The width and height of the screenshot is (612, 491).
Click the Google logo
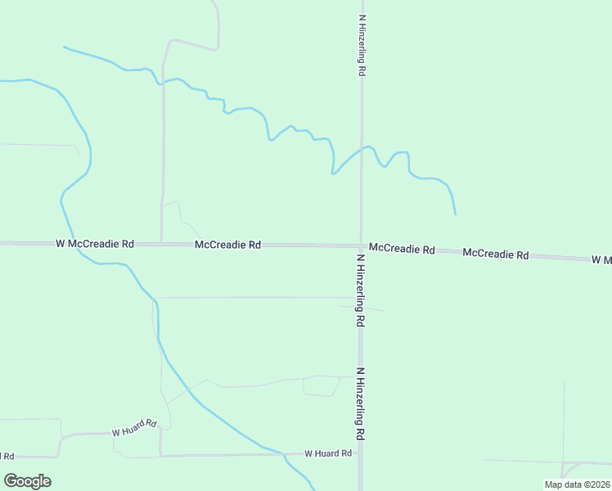coord(27,481)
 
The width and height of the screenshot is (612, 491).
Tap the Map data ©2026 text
coord(578,484)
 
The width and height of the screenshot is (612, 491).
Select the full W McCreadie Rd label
coord(95,244)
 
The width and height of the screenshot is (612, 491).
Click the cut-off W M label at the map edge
coord(601,259)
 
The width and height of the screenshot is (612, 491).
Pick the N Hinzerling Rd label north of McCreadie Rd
coord(361,45)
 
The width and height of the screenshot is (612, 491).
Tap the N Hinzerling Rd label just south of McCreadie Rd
coord(359,291)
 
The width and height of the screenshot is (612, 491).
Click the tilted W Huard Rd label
coord(134,427)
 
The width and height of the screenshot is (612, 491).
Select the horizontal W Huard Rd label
coord(327,453)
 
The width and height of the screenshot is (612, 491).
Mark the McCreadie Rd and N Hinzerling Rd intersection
coord(360,245)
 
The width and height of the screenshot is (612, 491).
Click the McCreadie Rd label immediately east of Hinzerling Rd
coord(402,248)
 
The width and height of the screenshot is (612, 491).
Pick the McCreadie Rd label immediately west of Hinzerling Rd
coord(227,245)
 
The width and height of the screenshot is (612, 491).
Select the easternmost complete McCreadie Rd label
coord(495,255)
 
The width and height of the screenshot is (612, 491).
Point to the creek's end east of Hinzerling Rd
coord(455,214)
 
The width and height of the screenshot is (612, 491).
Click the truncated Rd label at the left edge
coord(7,456)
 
